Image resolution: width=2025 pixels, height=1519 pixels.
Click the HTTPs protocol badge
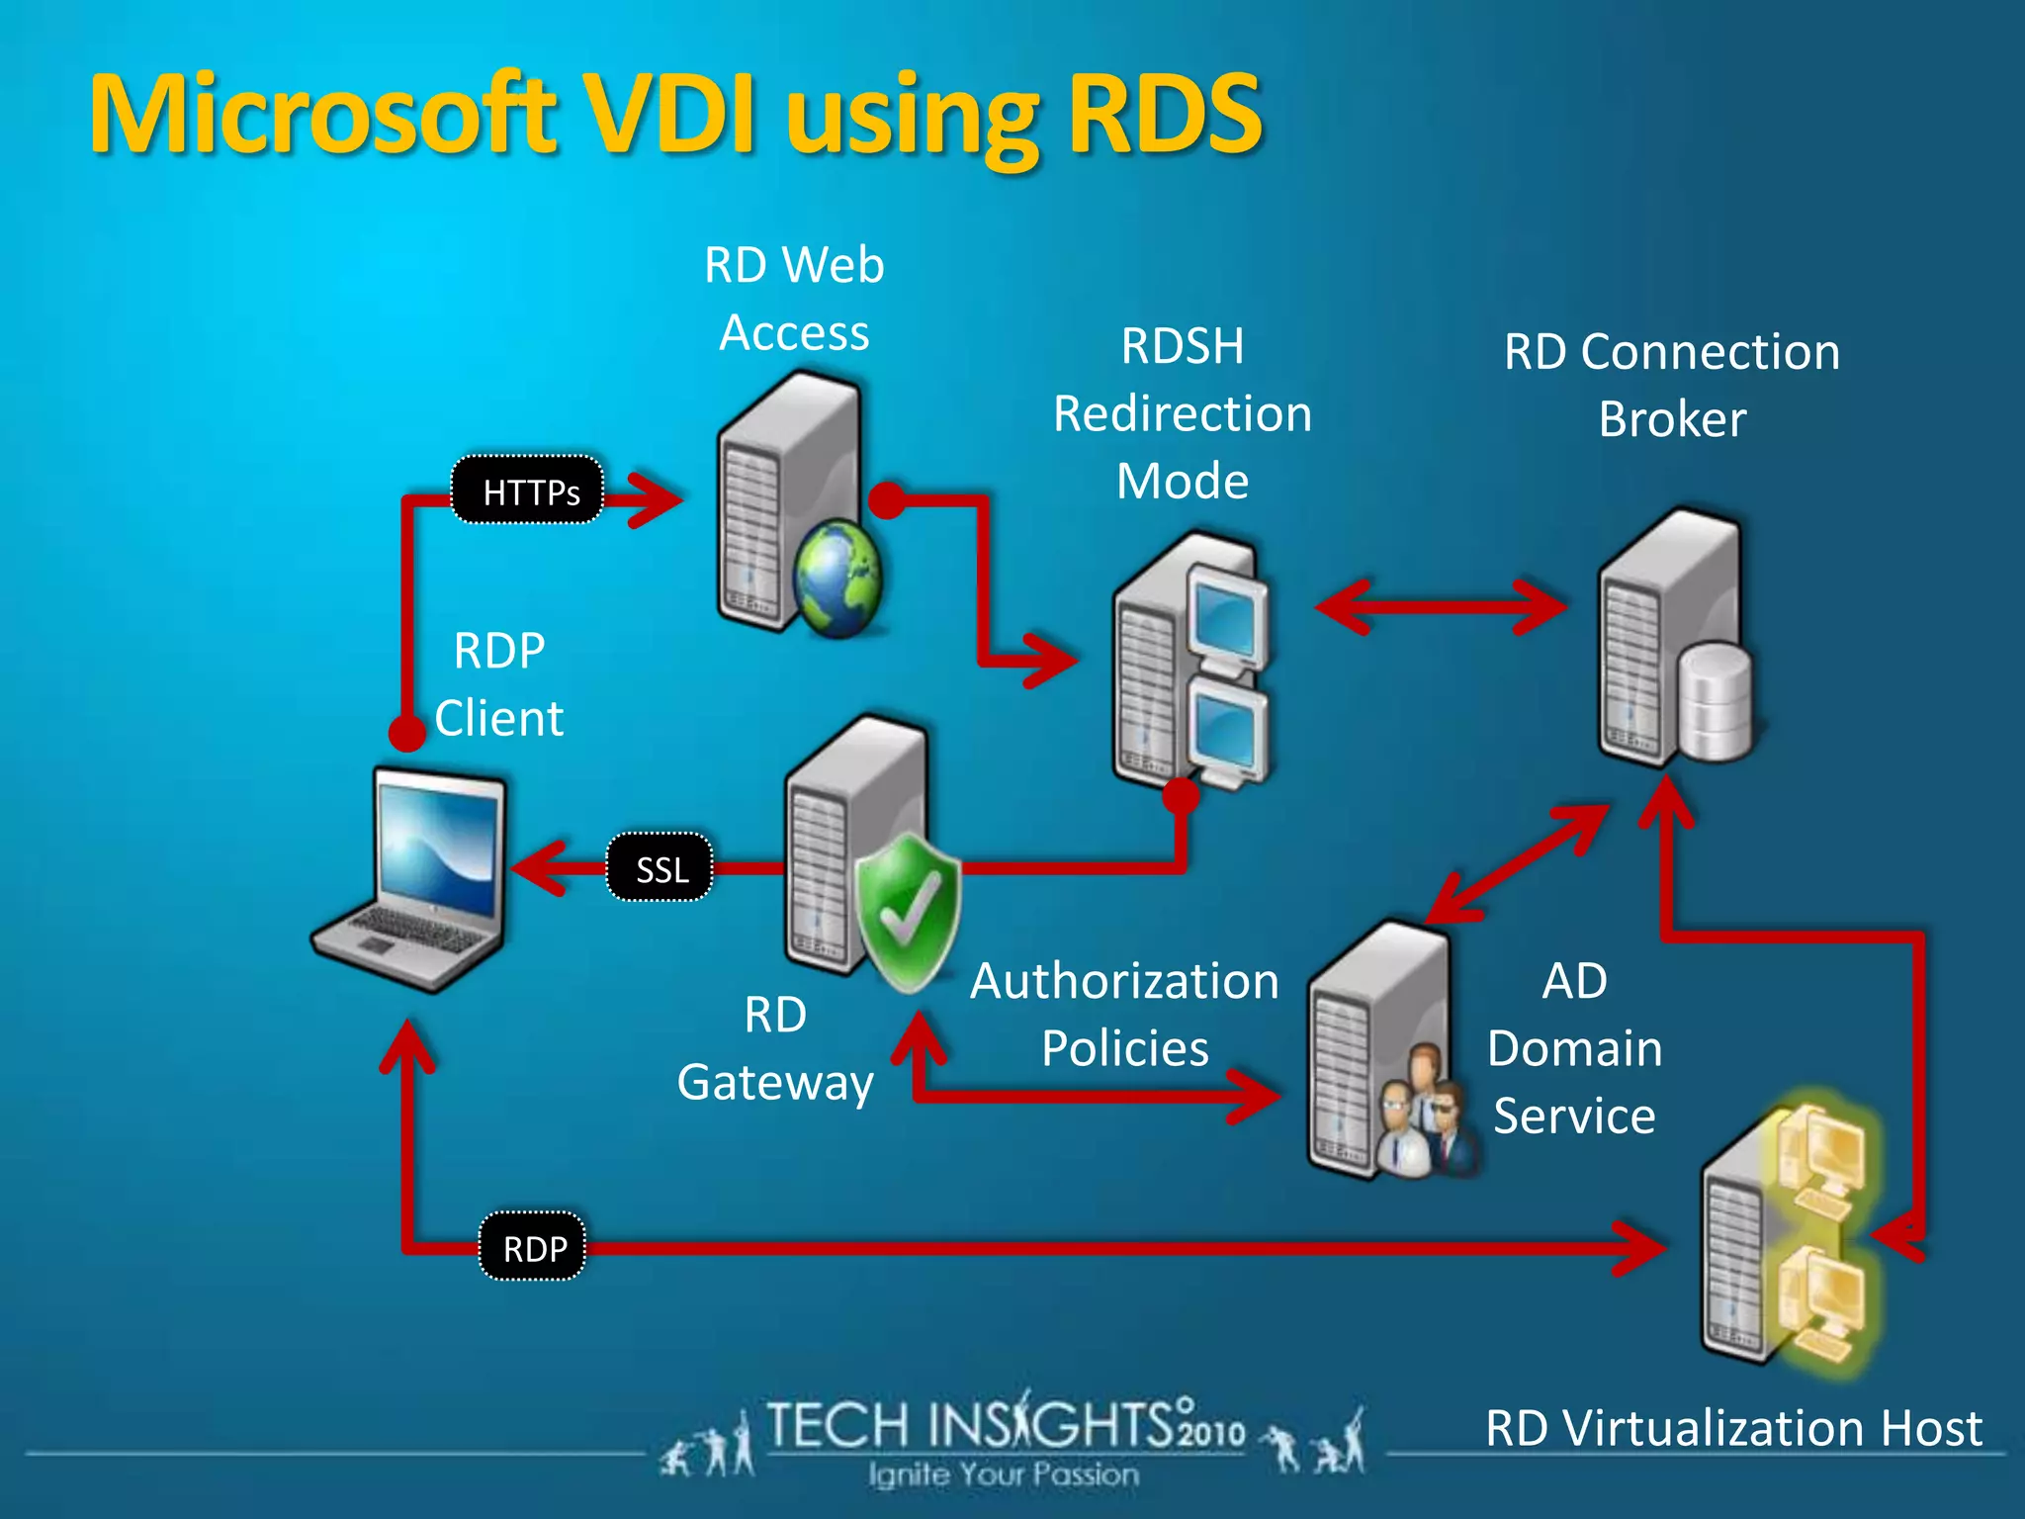point(528,491)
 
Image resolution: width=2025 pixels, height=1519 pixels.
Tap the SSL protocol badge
point(660,869)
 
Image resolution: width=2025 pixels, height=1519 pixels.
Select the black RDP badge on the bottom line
point(533,1248)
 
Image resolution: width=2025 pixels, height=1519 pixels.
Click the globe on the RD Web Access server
point(837,579)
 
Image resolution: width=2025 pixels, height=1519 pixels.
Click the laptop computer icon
point(415,880)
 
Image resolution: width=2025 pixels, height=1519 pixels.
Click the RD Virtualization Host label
point(1733,1428)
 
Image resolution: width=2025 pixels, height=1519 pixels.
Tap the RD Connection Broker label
point(1671,386)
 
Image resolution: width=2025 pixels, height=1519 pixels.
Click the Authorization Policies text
point(1124,1015)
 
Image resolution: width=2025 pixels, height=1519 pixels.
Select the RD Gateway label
point(775,1048)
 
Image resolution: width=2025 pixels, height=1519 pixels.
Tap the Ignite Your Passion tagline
point(1004,1475)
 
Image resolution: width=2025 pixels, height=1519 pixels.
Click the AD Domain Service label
point(1574,1048)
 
